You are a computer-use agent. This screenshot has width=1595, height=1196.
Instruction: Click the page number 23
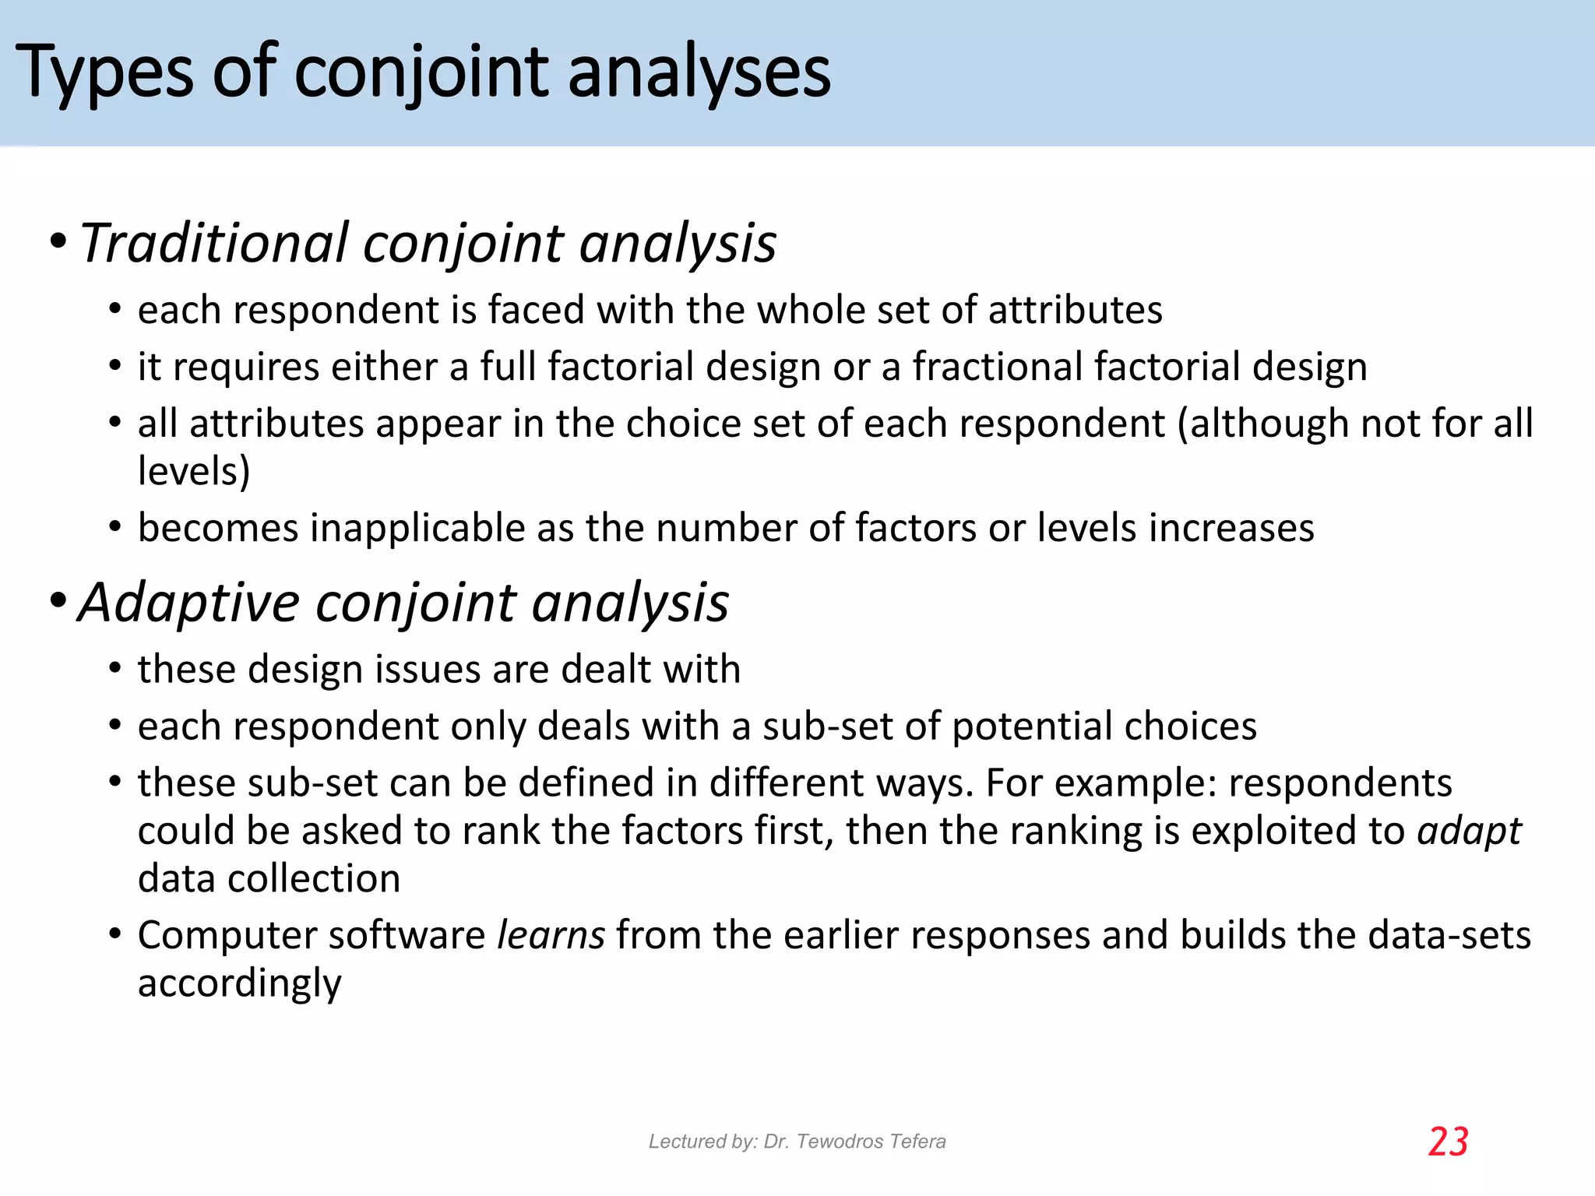[1448, 1142]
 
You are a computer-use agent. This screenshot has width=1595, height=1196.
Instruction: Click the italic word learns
[551, 935]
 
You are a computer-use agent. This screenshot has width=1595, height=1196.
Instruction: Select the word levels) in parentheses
[194, 471]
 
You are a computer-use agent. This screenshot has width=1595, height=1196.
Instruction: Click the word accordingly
[240, 983]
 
